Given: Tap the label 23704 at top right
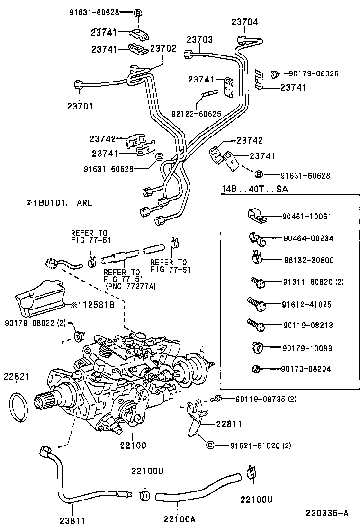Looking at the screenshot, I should [x=245, y=21].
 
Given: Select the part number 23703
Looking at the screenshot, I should [x=199, y=40].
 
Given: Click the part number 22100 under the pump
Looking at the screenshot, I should [x=133, y=445].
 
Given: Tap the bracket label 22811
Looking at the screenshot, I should [x=229, y=425].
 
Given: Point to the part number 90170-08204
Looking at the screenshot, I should [x=306, y=369].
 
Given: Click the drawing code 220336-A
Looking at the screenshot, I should [x=327, y=513].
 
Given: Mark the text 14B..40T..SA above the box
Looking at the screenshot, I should [x=254, y=190].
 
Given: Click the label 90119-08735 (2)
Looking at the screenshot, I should [x=266, y=399].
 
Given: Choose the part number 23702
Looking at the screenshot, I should [x=163, y=48].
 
